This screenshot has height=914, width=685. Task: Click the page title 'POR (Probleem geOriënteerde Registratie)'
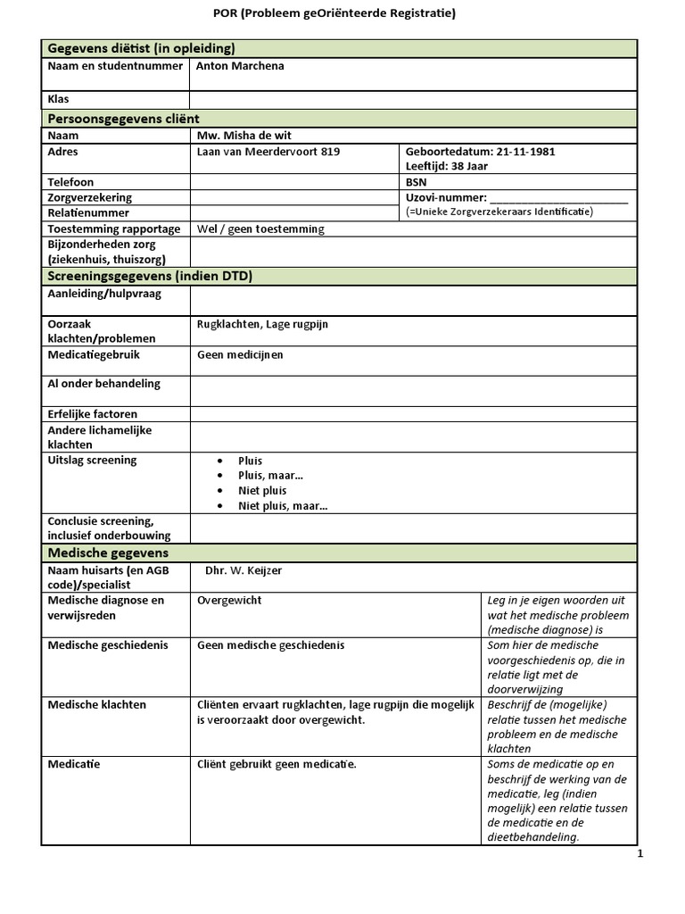click(x=341, y=13)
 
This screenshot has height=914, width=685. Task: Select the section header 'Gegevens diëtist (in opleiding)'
click(x=141, y=48)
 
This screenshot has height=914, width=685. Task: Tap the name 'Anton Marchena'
click(x=240, y=66)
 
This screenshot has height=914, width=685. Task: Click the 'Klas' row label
click(x=58, y=99)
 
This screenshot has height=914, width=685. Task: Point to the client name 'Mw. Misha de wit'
click(x=244, y=136)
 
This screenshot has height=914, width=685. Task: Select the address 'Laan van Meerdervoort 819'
click(x=268, y=152)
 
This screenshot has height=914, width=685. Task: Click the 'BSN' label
click(x=416, y=182)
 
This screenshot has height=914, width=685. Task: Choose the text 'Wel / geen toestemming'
click(x=260, y=228)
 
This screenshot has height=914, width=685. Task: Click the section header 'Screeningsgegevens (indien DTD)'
click(x=149, y=276)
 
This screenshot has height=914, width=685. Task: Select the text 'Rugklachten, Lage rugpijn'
click(x=262, y=324)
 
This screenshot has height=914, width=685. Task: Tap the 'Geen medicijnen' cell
click(x=240, y=354)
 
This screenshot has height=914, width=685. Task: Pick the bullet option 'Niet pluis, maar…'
click(x=283, y=506)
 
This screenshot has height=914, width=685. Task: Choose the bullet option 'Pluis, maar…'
click(x=270, y=476)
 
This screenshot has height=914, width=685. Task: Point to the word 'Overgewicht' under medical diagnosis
click(x=229, y=601)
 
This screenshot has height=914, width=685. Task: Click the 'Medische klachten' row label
click(x=96, y=704)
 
